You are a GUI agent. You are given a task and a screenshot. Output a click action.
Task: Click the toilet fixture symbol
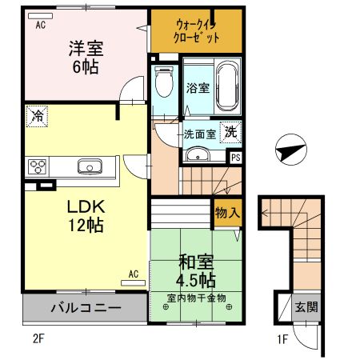[165, 79]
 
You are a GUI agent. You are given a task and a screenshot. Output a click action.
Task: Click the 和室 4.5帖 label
[195, 270]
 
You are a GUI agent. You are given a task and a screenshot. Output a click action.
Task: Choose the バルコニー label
[86, 308]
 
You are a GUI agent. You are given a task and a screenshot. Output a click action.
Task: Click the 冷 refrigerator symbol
[36, 115]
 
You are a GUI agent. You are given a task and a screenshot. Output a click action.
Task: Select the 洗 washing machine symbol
[229, 132]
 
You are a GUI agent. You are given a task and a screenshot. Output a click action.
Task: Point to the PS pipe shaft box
[235, 157]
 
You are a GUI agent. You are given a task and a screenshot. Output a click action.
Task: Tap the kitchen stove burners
[37, 166]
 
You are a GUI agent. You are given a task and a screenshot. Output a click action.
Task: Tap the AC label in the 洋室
[40, 25]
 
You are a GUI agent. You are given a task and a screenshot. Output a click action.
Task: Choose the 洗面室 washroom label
[198, 134]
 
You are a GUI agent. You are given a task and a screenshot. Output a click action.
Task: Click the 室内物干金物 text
[197, 298]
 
